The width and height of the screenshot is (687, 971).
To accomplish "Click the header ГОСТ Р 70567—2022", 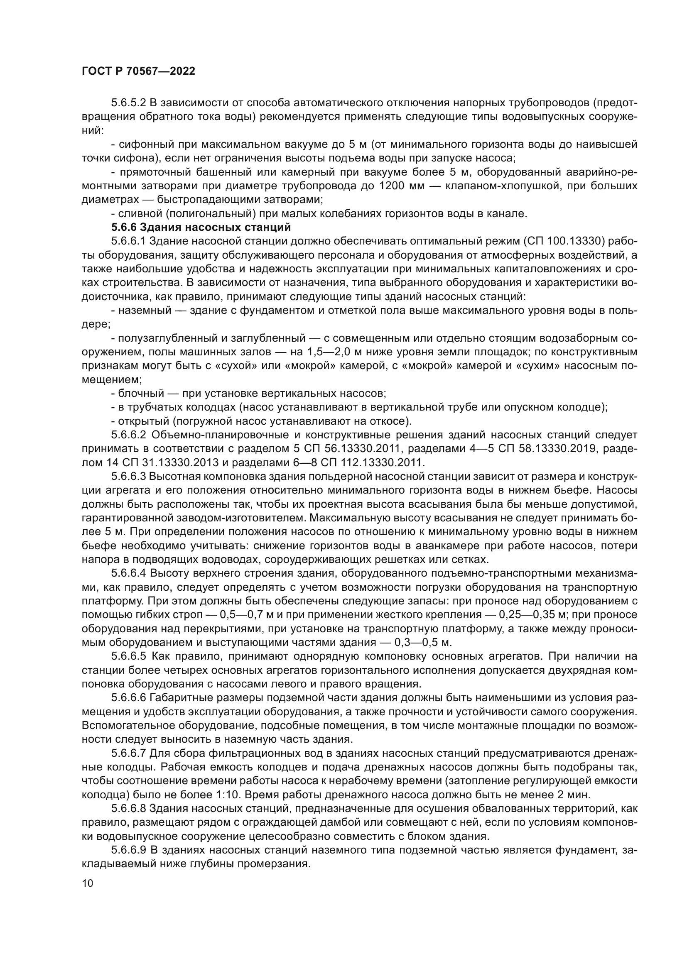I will tap(138, 71).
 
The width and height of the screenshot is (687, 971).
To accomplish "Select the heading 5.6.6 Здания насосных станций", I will tap(201, 227).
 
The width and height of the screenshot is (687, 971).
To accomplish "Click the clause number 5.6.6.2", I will tap(129, 435).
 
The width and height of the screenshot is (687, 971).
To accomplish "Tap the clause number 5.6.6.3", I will tap(129, 476).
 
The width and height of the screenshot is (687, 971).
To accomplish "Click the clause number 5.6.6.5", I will tap(129, 656).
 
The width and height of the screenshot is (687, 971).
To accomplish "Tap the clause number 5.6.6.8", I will tap(129, 809).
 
